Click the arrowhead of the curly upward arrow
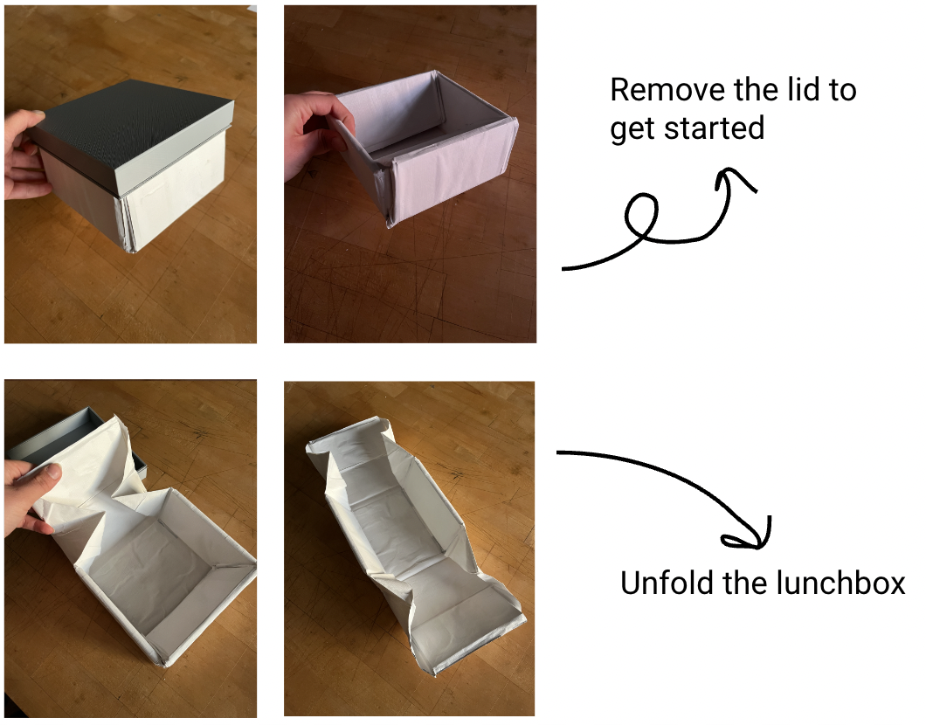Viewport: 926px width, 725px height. click(736, 179)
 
